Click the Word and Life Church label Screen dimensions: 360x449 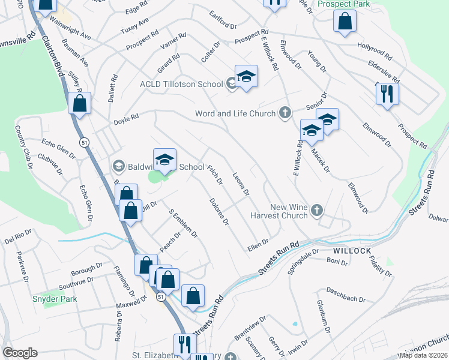(x=235, y=113)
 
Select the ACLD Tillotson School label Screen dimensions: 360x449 (x=182, y=83)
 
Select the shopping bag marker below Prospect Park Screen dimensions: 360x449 (x=345, y=22)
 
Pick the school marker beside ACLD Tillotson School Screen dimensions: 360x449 (x=246, y=76)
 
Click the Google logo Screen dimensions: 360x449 (x=20, y=352)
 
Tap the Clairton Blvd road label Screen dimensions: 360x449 (x=52, y=53)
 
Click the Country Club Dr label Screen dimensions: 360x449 (x=22, y=142)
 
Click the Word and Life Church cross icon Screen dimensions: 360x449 (x=285, y=113)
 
